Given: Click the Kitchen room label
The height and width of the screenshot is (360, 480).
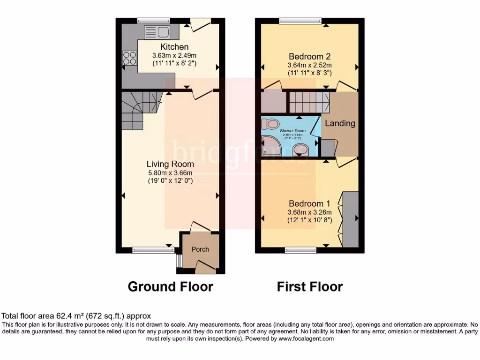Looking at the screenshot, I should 174,47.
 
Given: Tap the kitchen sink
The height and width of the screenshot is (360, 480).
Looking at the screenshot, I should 157,32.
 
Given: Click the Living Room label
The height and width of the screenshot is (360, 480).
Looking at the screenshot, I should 170,164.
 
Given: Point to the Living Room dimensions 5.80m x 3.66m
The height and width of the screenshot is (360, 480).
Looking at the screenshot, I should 170,172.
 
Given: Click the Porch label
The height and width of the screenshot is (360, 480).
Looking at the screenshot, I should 200,249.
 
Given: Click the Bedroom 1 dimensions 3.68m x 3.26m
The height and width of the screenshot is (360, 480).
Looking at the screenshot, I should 309,212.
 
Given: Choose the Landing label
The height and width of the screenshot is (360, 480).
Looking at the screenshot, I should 340,124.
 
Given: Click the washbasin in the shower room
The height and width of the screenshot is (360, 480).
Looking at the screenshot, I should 300,150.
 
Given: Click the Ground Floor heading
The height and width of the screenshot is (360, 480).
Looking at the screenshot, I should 170,286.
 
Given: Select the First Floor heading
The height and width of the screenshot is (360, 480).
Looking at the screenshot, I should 309,286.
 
